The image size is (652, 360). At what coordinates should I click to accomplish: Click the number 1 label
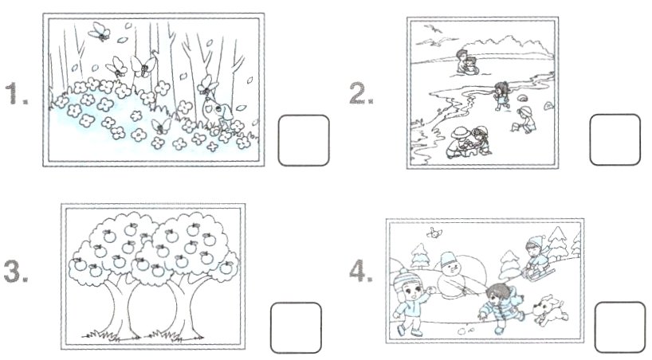[16, 93]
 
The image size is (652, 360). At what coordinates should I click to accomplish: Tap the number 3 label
[16, 272]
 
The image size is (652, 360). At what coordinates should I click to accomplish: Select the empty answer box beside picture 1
[304, 140]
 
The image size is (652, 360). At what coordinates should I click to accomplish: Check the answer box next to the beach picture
[615, 139]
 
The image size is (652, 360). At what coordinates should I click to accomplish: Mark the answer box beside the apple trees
[296, 327]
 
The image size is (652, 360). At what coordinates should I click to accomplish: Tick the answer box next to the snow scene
[620, 327]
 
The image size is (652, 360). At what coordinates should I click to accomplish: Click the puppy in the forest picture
[217, 111]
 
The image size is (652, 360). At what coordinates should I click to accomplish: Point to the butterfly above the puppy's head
[207, 84]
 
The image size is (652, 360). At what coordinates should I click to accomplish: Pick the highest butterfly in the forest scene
[99, 32]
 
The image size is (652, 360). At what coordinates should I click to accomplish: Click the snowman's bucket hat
[449, 260]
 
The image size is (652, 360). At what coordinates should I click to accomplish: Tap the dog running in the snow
[549, 310]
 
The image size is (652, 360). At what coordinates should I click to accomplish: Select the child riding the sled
[536, 257]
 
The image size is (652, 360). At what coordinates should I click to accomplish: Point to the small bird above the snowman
[434, 233]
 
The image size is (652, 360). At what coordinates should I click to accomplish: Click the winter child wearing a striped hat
[410, 302]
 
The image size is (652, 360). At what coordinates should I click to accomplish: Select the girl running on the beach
[502, 96]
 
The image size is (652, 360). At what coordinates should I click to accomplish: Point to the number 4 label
[361, 271]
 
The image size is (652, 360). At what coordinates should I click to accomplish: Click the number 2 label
[361, 93]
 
